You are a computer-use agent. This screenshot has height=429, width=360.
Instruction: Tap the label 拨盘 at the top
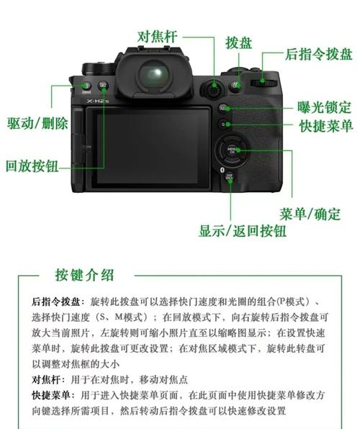238,42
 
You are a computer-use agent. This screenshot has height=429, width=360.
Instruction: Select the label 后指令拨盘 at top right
318,55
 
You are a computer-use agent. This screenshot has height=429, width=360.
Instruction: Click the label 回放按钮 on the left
32,165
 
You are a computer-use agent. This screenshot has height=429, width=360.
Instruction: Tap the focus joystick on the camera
214,90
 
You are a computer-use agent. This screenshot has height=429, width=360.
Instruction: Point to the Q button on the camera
225,124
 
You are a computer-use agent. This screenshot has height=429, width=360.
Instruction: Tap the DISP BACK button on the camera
230,176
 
